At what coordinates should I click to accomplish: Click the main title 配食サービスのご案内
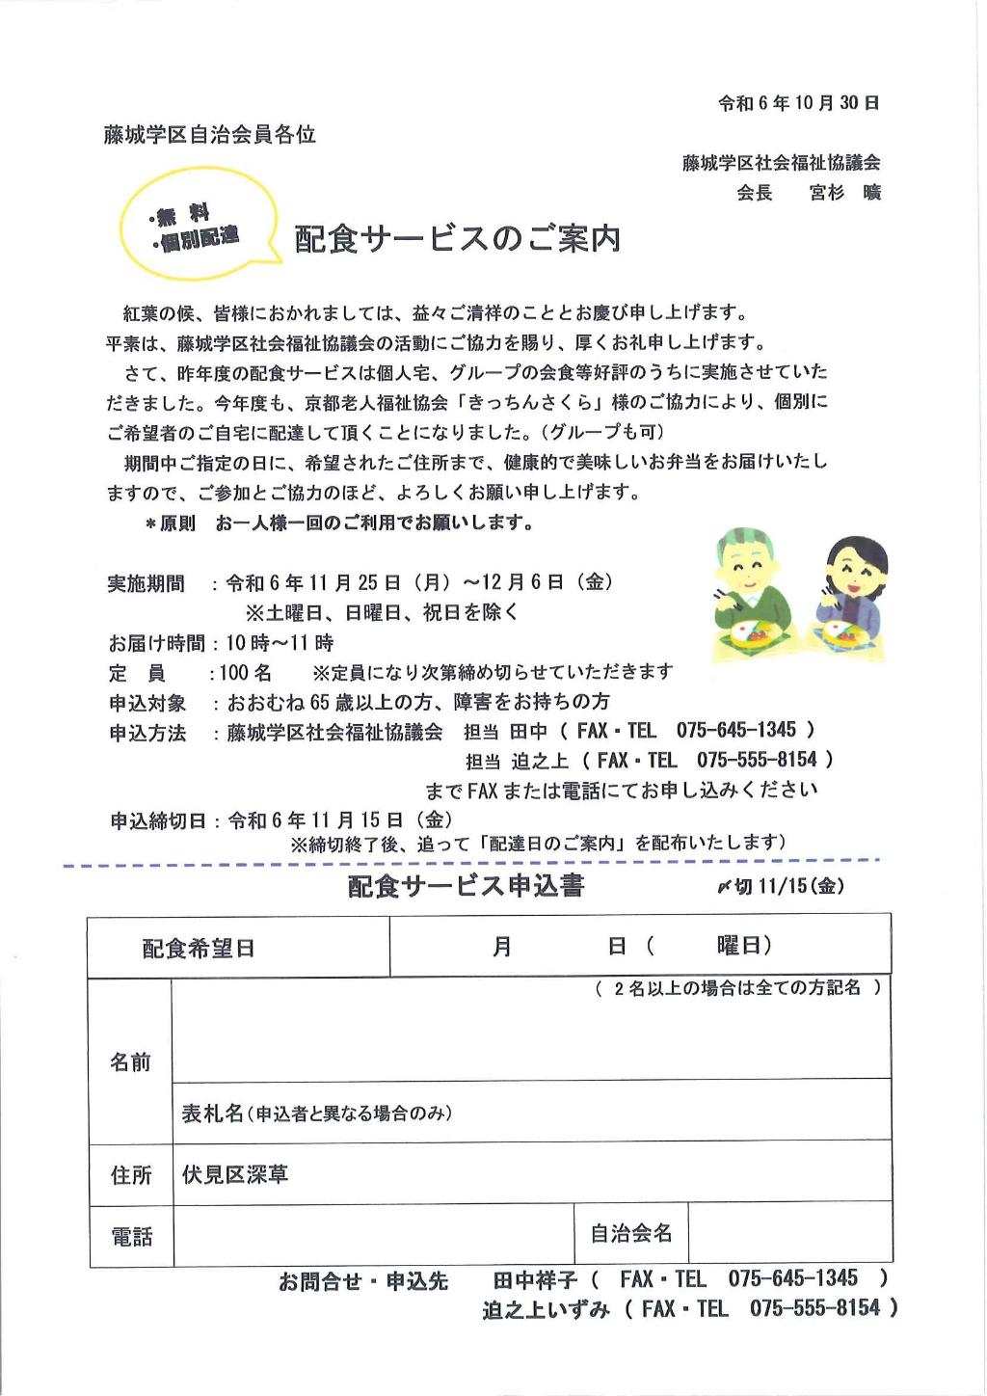[x=457, y=239]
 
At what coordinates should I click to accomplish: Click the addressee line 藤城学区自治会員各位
[x=210, y=135]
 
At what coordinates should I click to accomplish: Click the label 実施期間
[x=146, y=583]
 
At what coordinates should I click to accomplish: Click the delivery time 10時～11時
[x=280, y=643]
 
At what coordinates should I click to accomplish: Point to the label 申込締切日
[x=158, y=820]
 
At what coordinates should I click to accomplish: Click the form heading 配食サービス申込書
[x=467, y=886]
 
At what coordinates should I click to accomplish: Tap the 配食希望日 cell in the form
[x=199, y=949]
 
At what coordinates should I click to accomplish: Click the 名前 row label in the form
[x=130, y=1062]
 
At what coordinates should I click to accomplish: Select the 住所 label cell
[x=131, y=1176]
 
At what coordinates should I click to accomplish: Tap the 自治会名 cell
[x=631, y=1233]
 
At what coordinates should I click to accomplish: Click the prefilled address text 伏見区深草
[x=235, y=1175]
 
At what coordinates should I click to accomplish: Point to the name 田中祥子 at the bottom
[x=535, y=1280]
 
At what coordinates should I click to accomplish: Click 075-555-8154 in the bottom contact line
[x=814, y=1308]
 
